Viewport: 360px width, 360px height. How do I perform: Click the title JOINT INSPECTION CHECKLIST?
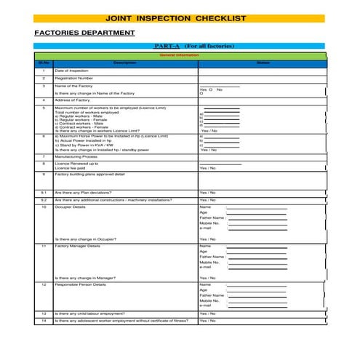[x=175, y=18]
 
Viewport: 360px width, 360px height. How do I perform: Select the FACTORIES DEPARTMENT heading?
[x=84, y=33]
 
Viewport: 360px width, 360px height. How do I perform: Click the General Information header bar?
[x=179, y=55]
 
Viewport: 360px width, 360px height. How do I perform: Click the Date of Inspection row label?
[x=72, y=71]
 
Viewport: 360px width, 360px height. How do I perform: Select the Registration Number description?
[x=74, y=78]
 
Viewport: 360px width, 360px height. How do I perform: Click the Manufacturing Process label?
[x=76, y=156]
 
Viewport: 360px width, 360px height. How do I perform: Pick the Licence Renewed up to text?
[x=76, y=164]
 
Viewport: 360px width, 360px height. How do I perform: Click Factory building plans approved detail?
[x=90, y=175]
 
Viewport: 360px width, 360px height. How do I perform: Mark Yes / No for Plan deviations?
[x=207, y=192]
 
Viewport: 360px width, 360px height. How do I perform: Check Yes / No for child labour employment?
[x=207, y=313]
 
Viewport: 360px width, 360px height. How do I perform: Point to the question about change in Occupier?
[x=86, y=239]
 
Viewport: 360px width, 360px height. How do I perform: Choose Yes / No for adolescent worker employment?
[x=207, y=321]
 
